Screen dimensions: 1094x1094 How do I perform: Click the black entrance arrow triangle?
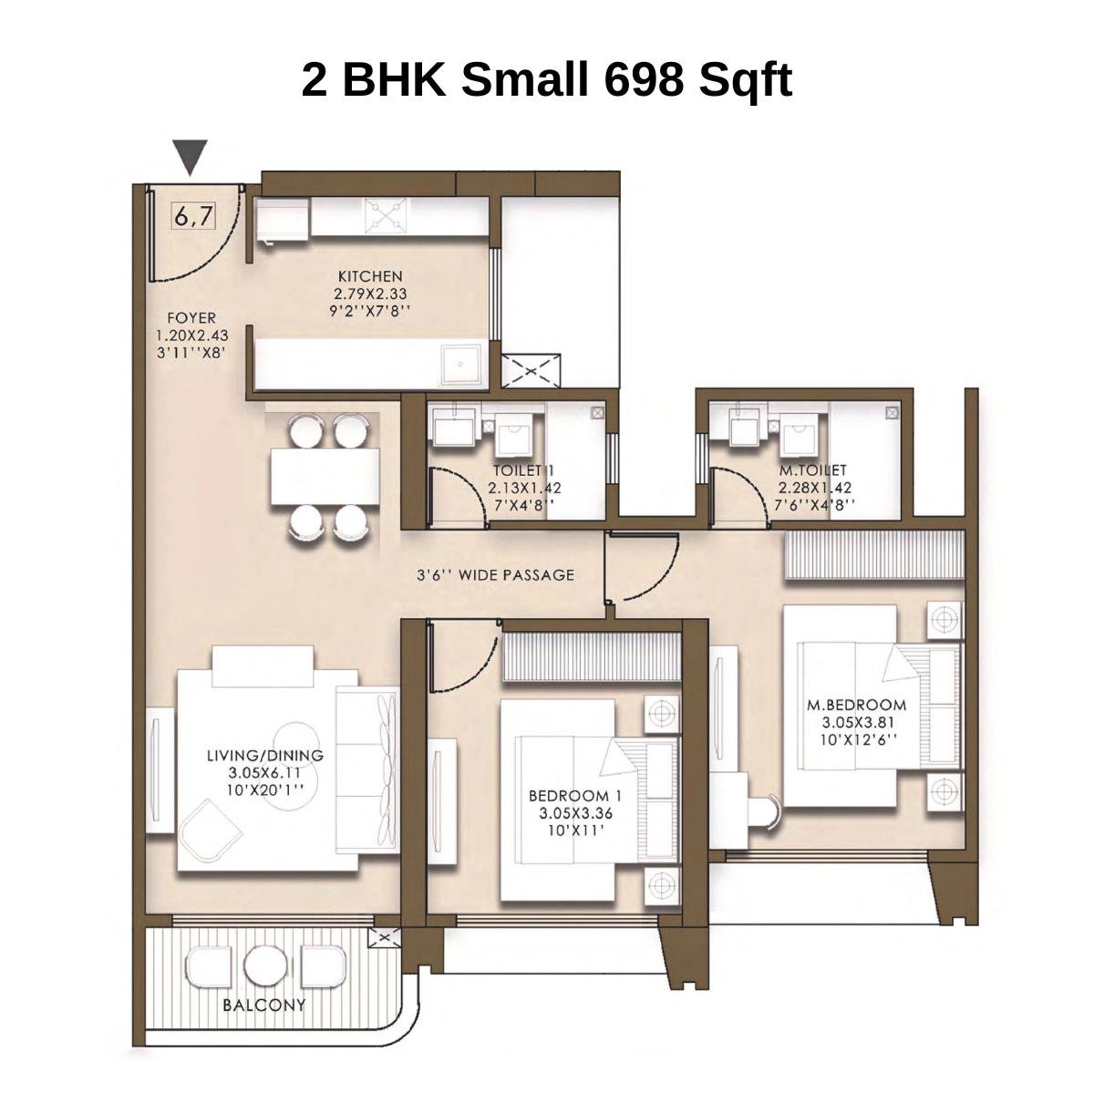(191, 156)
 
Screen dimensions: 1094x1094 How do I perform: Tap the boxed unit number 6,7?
(194, 217)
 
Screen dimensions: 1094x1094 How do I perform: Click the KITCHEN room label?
(370, 276)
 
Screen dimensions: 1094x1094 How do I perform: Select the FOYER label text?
(191, 318)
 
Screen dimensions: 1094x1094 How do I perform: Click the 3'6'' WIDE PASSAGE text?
(495, 575)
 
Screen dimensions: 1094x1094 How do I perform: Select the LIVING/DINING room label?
(264, 756)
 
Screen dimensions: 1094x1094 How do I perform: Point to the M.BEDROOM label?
(856, 705)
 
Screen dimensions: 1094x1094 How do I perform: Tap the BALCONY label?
(263, 1006)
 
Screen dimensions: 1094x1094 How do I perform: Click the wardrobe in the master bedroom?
(873, 554)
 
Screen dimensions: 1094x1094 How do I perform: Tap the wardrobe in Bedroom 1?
(592, 656)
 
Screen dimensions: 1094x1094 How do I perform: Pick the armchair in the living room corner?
(208, 833)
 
